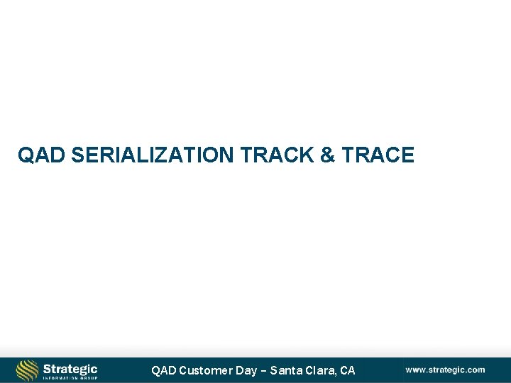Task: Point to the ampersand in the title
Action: pyautogui.click(x=327, y=155)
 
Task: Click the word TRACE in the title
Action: pyautogui.click(x=378, y=155)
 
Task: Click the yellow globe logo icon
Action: pyautogui.click(x=28, y=370)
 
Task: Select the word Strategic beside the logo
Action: pyautogui.click(x=70, y=368)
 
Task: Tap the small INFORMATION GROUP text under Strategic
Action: pyautogui.click(x=70, y=378)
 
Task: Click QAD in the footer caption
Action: pyautogui.click(x=163, y=370)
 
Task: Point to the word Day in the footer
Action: pyautogui.click(x=246, y=370)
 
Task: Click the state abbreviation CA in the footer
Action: pyautogui.click(x=348, y=370)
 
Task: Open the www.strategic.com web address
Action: pyautogui.click(x=445, y=370)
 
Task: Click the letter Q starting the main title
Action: pyautogui.click(x=26, y=155)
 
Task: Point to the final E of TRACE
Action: pyautogui.click(x=407, y=155)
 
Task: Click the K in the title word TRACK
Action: pyautogui.click(x=307, y=155)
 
